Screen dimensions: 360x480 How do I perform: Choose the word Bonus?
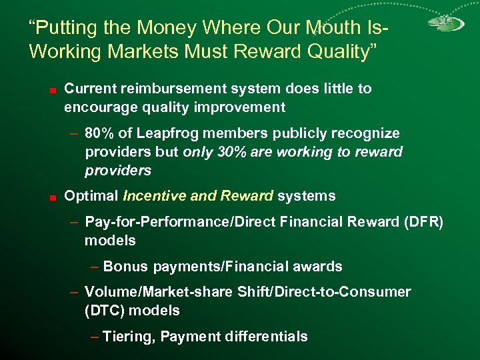pyautogui.click(x=126, y=267)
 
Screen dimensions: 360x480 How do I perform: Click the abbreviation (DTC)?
pyautogui.click(x=105, y=311)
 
